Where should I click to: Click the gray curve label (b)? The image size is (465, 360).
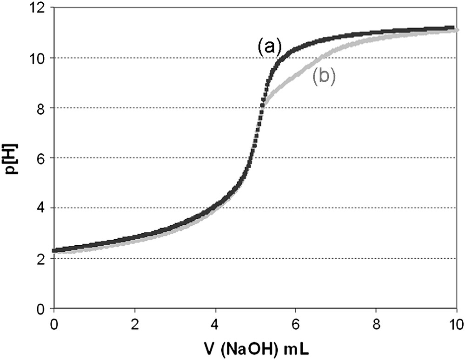(324, 76)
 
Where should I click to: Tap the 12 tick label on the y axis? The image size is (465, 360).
(39, 8)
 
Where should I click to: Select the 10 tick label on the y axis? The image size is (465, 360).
(39, 58)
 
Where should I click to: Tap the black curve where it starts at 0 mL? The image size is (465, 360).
(55, 250)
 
